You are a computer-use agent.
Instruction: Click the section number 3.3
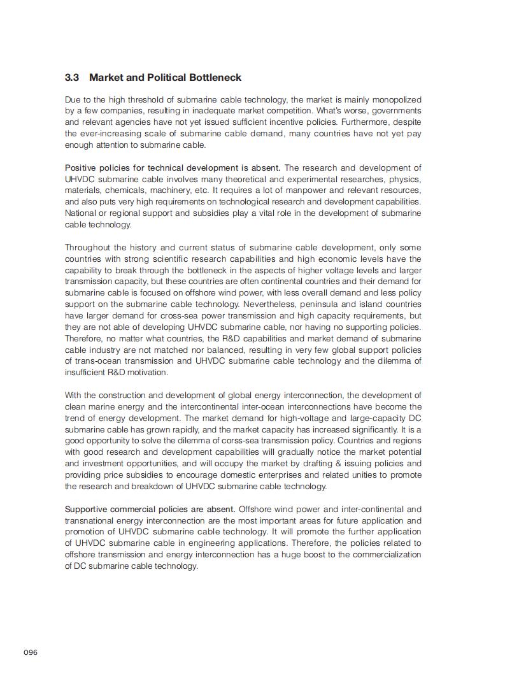pos(71,78)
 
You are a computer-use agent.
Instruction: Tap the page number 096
pos(31,652)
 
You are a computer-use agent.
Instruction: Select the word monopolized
pos(397,99)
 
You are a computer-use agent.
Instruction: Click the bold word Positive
pos(80,168)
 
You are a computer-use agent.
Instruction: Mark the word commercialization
pos(385,554)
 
